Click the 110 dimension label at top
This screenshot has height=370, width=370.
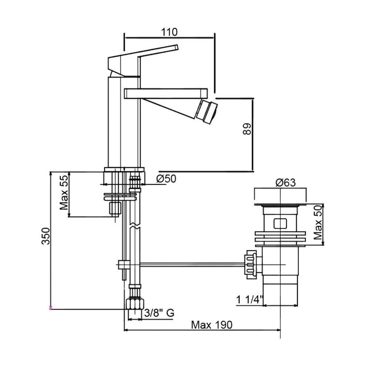(169, 32)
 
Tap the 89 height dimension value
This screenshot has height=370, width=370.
(247, 129)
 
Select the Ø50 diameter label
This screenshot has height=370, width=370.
(166, 179)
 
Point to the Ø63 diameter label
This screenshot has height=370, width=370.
(286, 182)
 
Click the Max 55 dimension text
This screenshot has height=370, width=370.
(64, 192)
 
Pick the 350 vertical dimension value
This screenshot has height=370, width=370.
(46, 236)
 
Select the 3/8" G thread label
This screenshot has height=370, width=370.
(159, 313)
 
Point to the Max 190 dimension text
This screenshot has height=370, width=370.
(212, 325)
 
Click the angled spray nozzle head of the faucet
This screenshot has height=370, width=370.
(206, 111)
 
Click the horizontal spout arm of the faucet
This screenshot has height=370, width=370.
(166, 93)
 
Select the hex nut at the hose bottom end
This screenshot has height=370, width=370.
(135, 304)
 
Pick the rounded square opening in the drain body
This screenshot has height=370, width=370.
(280, 224)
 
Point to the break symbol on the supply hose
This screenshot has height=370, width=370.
(135, 225)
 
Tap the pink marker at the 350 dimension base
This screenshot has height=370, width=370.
(50, 308)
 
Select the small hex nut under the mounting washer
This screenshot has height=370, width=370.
(115, 208)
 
